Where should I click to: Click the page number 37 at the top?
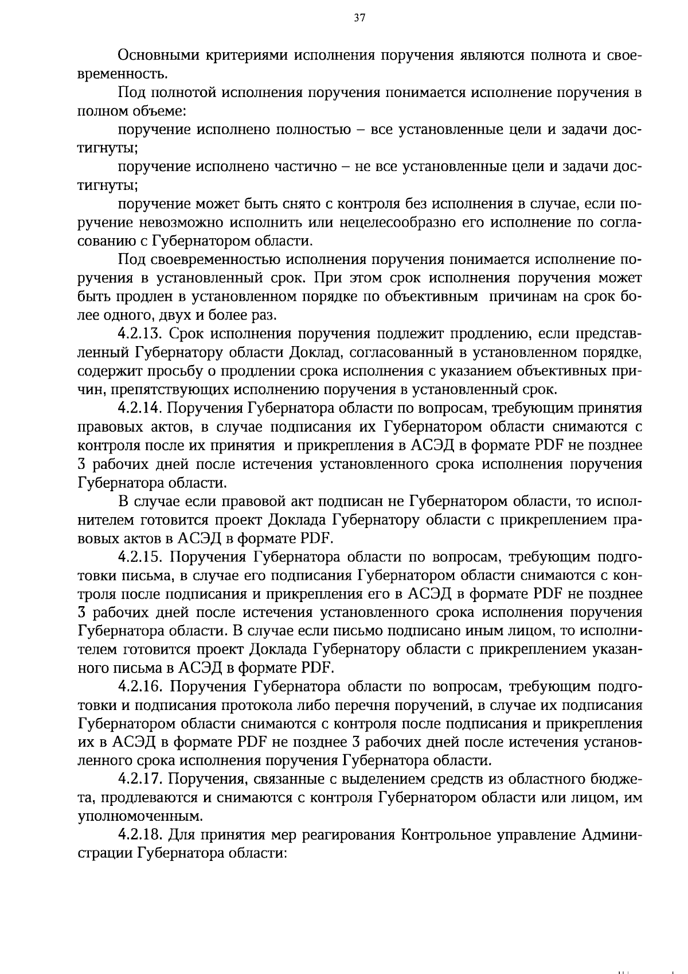tap(359, 18)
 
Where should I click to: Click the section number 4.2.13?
tap(140, 334)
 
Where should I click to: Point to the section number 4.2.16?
tap(140, 686)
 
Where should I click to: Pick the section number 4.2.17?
tap(140, 779)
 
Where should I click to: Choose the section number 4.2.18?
tap(140, 835)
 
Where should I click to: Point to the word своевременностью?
tap(213, 259)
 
